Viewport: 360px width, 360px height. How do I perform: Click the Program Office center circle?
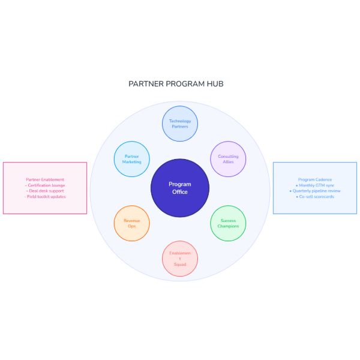(180, 188)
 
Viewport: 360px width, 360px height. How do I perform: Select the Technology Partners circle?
(180, 124)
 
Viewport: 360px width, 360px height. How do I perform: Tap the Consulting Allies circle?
(228, 159)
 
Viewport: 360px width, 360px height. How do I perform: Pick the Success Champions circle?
(228, 223)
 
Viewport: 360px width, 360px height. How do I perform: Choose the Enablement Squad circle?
(180, 259)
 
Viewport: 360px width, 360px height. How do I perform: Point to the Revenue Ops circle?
(132, 223)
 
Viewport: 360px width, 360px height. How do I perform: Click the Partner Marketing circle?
(132, 159)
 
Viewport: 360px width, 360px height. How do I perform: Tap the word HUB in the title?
(214, 84)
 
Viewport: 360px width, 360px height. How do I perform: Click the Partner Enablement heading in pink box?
(45, 179)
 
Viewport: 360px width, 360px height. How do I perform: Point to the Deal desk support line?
(45, 191)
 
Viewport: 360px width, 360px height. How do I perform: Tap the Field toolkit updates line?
(46, 196)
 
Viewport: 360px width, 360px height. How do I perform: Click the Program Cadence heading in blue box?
(315, 179)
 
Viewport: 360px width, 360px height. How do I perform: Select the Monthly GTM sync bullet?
(316, 185)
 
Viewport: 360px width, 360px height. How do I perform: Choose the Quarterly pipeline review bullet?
(316, 191)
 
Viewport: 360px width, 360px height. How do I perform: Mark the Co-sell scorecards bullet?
(316, 196)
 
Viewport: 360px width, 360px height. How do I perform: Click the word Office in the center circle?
(180, 192)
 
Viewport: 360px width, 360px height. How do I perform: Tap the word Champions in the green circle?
(228, 226)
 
